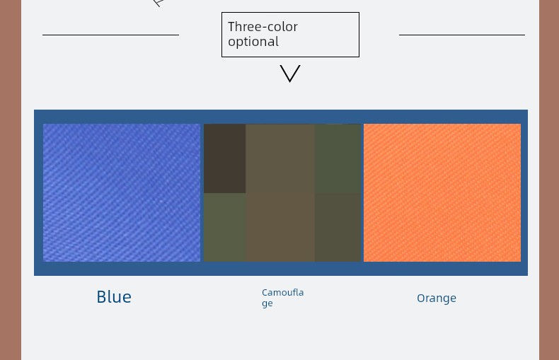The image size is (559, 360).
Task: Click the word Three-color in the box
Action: pos(263,27)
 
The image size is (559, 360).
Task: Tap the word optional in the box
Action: pos(253,42)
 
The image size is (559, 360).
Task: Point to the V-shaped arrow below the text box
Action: pos(290,74)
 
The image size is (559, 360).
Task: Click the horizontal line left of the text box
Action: pos(110,35)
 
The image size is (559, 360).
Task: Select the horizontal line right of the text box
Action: pos(461,35)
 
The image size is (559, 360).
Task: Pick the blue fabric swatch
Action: pos(122,192)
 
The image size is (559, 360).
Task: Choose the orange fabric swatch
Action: pos(442,192)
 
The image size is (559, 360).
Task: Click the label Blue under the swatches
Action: pos(114,297)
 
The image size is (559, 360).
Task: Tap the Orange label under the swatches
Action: pos(437,298)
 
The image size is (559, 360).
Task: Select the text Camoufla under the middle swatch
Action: pos(283,293)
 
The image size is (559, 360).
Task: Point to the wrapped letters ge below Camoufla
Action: pos(267,303)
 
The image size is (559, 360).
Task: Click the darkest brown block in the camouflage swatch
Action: pos(224,158)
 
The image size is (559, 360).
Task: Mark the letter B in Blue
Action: pos(101,297)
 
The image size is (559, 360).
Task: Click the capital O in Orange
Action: pos(421,298)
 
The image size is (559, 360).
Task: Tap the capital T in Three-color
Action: pos(231,27)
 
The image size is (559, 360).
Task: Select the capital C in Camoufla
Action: pos(265,293)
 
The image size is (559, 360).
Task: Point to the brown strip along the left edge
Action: pos(11,180)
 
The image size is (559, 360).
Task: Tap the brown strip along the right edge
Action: pos(549,180)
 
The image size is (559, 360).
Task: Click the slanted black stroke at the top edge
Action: pos(158,4)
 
